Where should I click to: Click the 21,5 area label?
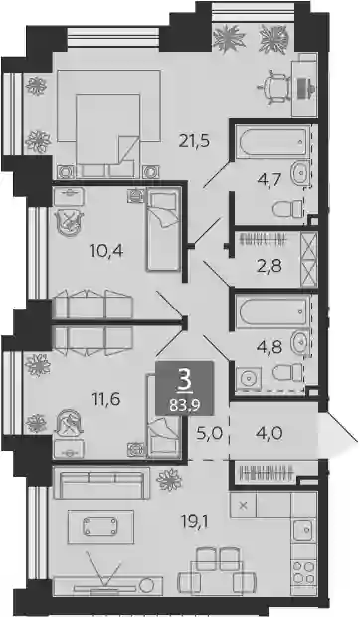tap(195, 140)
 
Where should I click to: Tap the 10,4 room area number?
tap(106, 250)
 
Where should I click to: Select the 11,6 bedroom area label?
tap(106, 399)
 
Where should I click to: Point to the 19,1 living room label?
tap(195, 522)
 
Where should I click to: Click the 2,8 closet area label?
tap(270, 266)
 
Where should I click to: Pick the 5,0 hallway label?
tap(209, 434)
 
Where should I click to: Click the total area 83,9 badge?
tap(184, 387)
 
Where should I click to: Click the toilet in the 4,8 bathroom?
tap(287, 372)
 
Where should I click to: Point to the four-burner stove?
tap(303, 573)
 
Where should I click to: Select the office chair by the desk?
tap(273, 89)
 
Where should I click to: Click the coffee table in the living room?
tap(100, 526)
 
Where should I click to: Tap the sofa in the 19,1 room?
tap(101, 483)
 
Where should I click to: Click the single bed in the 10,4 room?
tap(163, 230)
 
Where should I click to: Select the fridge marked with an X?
tap(244, 506)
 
